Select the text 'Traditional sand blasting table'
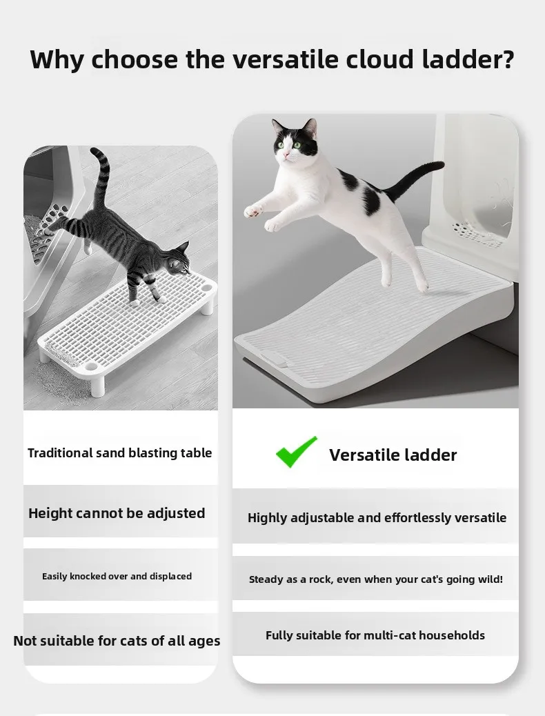pyautogui.click(x=119, y=453)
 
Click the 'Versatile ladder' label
pyautogui.click(x=393, y=455)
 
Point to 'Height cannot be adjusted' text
pyautogui.click(x=117, y=513)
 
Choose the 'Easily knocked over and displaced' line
pyautogui.click(x=117, y=576)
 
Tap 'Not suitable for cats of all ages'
pyautogui.click(x=117, y=641)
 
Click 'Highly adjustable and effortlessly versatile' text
pyautogui.click(x=377, y=518)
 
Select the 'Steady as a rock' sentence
pyautogui.click(x=375, y=579)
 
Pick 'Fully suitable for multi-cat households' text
pyautogui.click(x=375, y=635)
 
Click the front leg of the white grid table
pyautogui.click(x=98, y=384)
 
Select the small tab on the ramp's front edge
pyautogui.click(x=274, y=360)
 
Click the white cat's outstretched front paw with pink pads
pyautogui.click(x=252, y=211)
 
